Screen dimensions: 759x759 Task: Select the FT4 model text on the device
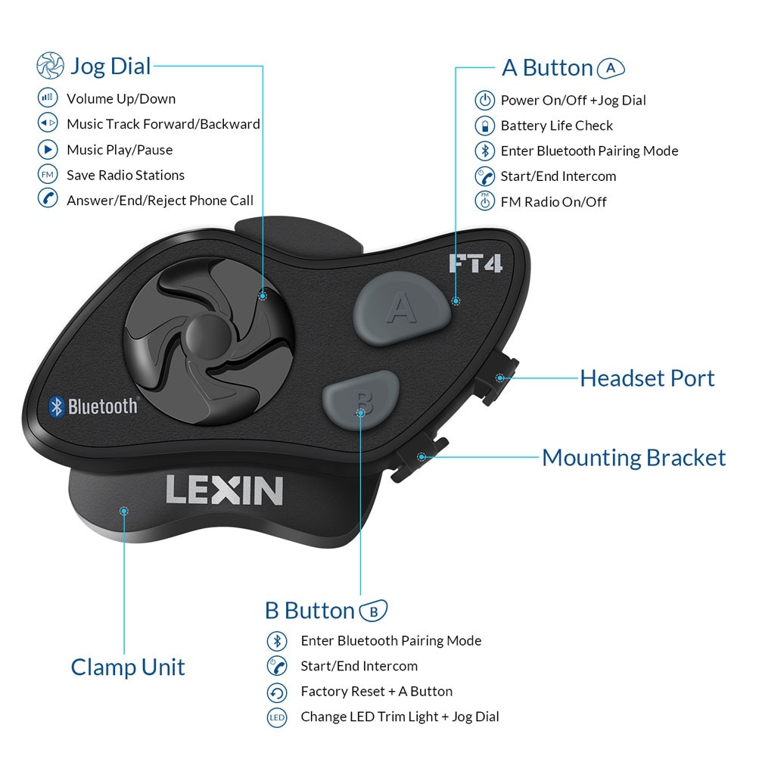click(x=475, y=263)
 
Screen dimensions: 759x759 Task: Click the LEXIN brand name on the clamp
click(x=224, y=490)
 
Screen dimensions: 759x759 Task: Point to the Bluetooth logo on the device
click(x=93, y=406)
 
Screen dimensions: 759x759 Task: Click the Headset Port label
click(x=647, y=378)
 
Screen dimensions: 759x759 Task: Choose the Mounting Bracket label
click(x=633, y=457)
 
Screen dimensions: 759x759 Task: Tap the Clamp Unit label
click(x=128, y=667)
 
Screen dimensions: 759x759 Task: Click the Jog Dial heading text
click(x=110, y=66)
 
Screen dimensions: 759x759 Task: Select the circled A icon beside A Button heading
click(x=611, y=68)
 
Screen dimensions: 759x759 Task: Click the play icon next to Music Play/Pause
click(x=48, y=149)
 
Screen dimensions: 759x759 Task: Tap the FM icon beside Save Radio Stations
click(x=48, y=175)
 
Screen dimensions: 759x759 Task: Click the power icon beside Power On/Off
click(x=484, y=100)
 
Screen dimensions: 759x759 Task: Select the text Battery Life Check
click(x=556, y=126)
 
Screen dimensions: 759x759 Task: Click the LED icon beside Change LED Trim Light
click(x=277, y=717)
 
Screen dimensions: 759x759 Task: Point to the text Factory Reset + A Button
click(x=376, y=691)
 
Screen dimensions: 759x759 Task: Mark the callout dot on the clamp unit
click(x=124, y=511)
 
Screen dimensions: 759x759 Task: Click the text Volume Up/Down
click(x=120, y=98)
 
